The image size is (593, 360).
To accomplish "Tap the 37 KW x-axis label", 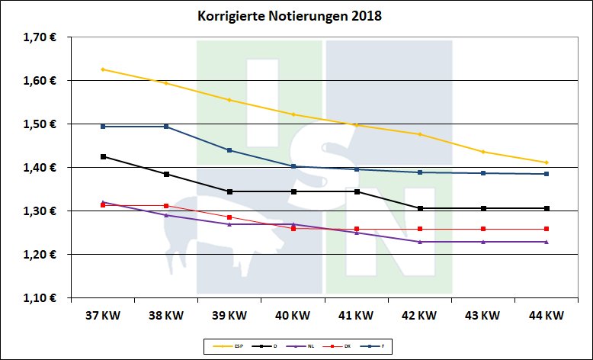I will [102, 314].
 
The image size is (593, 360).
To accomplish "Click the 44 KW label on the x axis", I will [546, 314].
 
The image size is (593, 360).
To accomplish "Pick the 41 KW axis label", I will [356, 314].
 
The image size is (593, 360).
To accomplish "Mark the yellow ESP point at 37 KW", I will [103, 69].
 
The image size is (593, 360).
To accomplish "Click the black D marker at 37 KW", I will [103, 156].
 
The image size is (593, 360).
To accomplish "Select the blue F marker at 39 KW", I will [229, 150].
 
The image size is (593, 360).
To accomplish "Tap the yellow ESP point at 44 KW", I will [547, 162].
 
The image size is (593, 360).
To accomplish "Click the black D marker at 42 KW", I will [420, 208].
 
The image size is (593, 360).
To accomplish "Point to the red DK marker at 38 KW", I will [166, 206].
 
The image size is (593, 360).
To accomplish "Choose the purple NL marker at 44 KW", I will [547, 242].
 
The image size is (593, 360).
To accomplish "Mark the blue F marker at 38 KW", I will [166, 127].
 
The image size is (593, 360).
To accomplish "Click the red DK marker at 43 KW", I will [483, 229].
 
